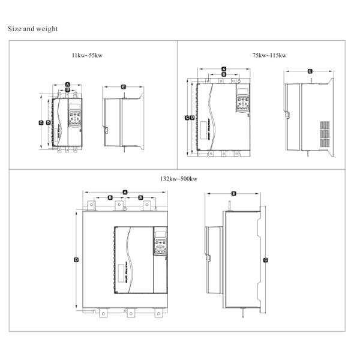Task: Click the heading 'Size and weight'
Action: click(32, 28)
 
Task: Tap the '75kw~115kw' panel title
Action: click(269, 55)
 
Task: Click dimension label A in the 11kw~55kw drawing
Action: click(68, 83)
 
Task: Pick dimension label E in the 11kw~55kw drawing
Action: click(123, 86)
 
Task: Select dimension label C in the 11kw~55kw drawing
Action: click(40, 122)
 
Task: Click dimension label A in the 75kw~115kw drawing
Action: click(223, 70)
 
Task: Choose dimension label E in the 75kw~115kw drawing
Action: click(310, 71)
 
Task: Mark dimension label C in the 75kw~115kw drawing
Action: click(187, 118)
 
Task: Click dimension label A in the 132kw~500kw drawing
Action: click(125, 192)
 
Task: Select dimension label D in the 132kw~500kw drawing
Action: click(76, 259)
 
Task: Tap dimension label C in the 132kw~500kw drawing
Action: click(266, 260)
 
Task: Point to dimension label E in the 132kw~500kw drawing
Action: click(233, 193)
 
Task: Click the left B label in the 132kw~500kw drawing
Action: click(110, 197)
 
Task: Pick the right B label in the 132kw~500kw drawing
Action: click(140, 197)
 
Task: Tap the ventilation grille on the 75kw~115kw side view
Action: click(324, 135)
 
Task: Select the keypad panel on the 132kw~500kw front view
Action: click(160, 242)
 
